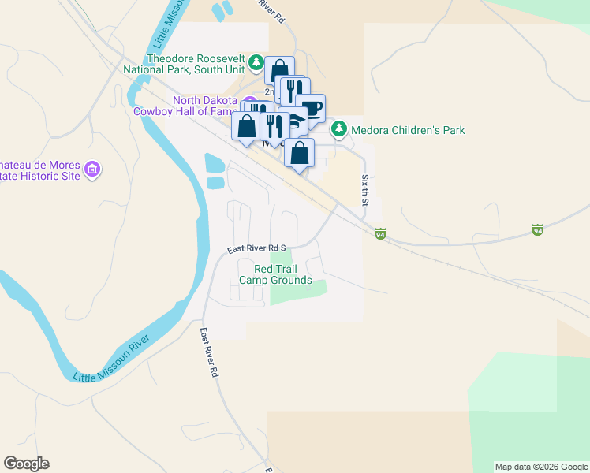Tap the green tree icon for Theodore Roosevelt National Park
pos(256,61)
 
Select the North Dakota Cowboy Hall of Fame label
pos(205,106)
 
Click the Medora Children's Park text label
pos(408,130)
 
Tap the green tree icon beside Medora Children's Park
pos(338,128)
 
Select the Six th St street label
pos(365,191)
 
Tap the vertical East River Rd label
pos(208,352)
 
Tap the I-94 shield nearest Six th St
pos(380,233)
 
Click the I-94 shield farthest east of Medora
pos(537,230)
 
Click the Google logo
pos(26,464)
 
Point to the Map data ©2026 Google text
pos(540,467)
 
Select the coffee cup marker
pos(311,108)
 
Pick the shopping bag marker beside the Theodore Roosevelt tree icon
pos(279,70)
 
